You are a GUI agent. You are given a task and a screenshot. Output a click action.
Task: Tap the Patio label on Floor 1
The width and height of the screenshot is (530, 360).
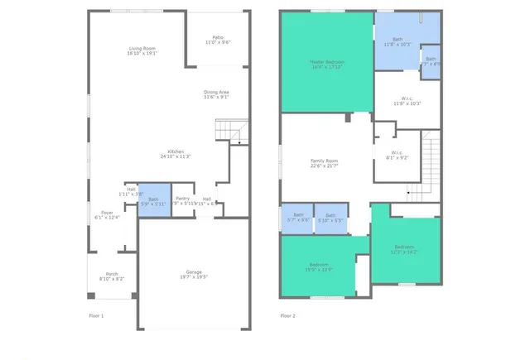[x=218, y=39]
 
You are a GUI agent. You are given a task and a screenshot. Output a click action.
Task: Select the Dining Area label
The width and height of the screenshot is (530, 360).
[x=216, y=94]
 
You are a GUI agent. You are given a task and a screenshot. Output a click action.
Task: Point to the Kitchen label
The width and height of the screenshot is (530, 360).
[x=176, y=153]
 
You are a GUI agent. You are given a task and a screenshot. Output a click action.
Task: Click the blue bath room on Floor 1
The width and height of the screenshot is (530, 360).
[x=153, y=200]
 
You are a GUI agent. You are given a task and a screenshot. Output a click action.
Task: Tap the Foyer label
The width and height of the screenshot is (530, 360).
[x=108, y=215]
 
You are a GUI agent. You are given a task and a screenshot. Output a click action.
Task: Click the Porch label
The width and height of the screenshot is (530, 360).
[x=112, y=277]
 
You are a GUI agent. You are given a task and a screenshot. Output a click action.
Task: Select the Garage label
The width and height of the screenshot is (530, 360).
[x=194, y=275]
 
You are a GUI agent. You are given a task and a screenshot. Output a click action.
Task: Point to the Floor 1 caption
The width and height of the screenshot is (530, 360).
[x=98, y=315]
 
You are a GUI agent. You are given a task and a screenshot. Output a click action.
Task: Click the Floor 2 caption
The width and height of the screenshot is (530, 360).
[x=288, y=315]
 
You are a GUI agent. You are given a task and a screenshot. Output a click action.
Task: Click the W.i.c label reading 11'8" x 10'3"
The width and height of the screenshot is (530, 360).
[x=407, y=101]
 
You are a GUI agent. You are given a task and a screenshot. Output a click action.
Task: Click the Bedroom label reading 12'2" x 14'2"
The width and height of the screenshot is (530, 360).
[x=404, y=249]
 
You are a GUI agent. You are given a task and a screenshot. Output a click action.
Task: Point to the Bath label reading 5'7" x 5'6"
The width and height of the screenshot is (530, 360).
[x=297, y=217]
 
